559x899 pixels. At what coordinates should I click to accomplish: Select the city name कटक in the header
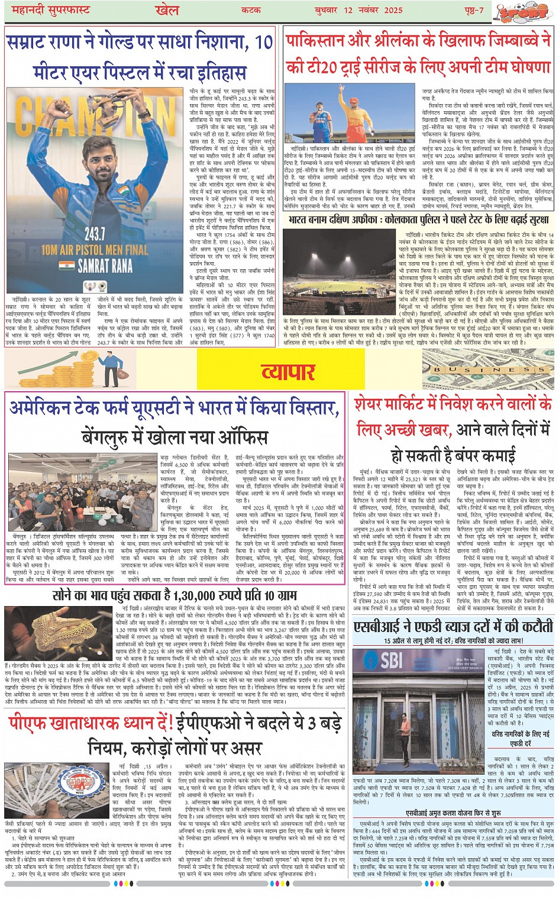point(251,10)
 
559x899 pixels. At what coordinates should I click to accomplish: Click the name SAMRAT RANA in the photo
point(105,266)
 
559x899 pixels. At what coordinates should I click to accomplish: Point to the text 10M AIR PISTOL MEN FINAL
point(95,250)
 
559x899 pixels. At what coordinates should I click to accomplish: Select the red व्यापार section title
point(287,371)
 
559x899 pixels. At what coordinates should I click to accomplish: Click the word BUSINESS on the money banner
point(489,370)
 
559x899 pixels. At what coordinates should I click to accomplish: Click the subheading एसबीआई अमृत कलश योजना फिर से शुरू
point(453,813)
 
